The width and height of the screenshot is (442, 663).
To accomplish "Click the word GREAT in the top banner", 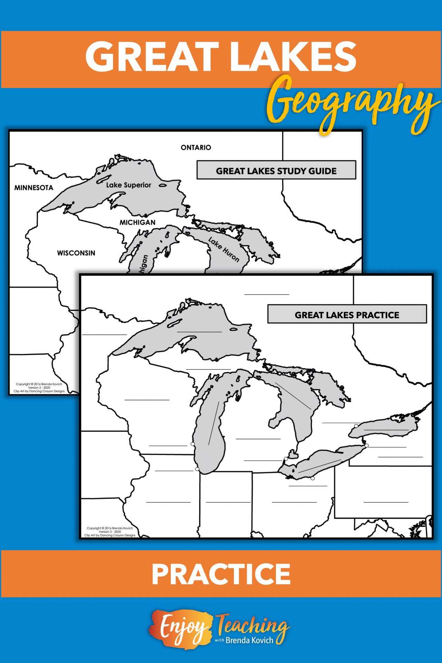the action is click(152, 56).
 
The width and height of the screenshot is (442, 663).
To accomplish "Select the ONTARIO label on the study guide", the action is click(196, 147).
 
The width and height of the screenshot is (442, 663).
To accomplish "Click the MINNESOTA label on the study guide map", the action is click(33, 188).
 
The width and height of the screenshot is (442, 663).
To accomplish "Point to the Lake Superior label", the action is click(128, 185).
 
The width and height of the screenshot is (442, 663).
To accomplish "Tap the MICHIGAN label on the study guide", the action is click(137, 222).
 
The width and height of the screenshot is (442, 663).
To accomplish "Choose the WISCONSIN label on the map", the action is click(76, 253).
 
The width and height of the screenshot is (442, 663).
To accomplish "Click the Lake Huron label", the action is click(224, 249).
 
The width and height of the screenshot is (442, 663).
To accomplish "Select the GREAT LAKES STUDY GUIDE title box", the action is click(276, 170).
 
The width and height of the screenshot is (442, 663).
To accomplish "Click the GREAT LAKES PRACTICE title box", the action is click(347, 315).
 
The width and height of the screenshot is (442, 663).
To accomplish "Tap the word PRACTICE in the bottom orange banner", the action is click(221, 574).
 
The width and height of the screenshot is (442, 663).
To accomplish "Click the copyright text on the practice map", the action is click(110, 531).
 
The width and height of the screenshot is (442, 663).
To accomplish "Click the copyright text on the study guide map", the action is click(39, 387).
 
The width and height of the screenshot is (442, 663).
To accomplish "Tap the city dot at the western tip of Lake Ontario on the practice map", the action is click(356, 426).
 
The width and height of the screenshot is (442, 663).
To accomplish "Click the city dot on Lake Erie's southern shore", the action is click(313, 478).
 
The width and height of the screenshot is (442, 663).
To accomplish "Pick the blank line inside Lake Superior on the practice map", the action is click(199, 331).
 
